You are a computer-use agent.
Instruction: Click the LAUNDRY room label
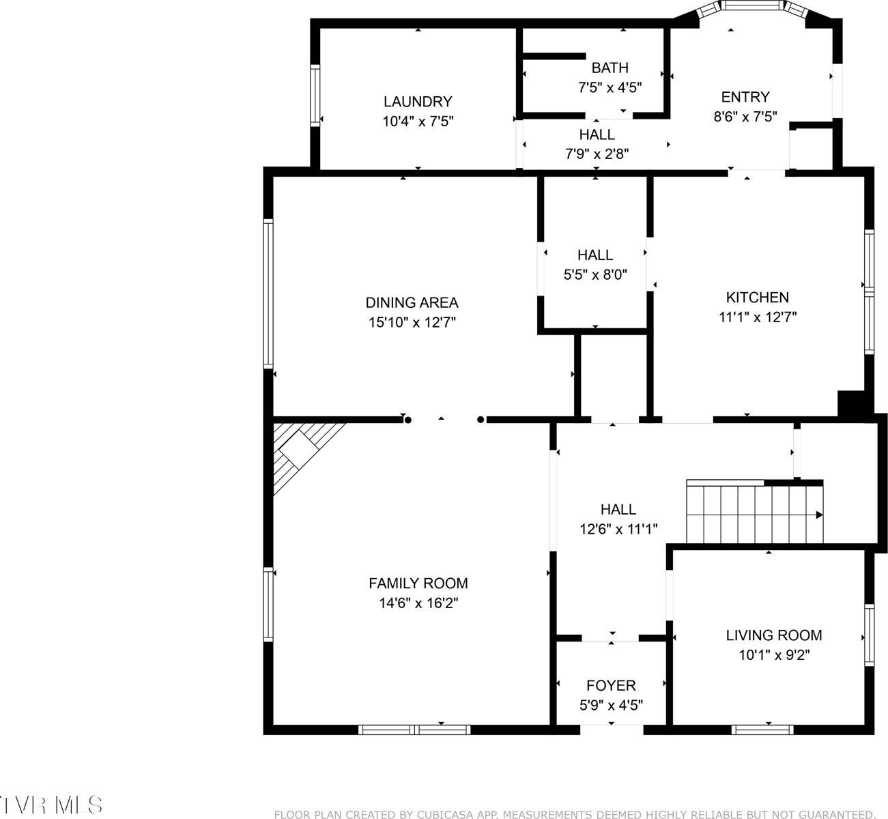[x=417, y=102]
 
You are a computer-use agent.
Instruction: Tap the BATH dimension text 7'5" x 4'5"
[x=610, y=87]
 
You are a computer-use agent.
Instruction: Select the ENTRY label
[x=745, y=97]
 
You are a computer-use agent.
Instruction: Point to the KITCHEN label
[x=757, y=298]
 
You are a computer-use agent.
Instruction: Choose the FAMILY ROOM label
[x=418, y=584]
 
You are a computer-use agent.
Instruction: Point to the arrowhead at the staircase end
[x=820, y=515]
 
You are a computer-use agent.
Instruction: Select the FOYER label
[x=611, y=685]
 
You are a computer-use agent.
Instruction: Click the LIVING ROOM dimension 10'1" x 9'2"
[x=773, y=655]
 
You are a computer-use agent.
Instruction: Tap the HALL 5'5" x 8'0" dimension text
[x=595, y=274]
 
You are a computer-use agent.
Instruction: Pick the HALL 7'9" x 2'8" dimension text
[x=597, y=154]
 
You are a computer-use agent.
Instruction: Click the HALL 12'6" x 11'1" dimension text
[x=618, y=528]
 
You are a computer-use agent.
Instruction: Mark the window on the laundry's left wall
[x=315, y=95]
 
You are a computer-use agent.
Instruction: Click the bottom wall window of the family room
[x=414, y=730]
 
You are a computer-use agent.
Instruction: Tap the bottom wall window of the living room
[x=762, y=730]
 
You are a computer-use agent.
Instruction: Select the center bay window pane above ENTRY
[x=753, y=6]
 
